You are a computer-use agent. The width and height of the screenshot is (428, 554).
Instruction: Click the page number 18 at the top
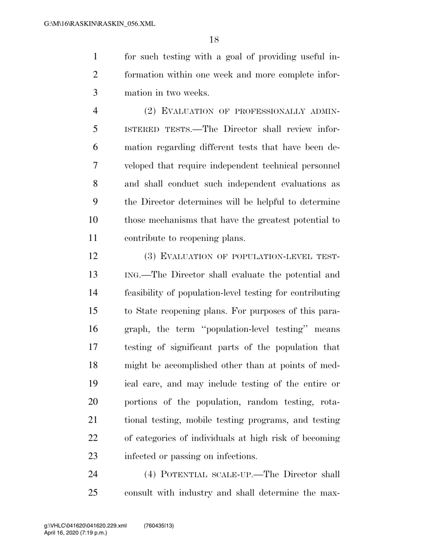(214, 40)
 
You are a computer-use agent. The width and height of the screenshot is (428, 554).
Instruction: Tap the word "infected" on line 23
(139, 456)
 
